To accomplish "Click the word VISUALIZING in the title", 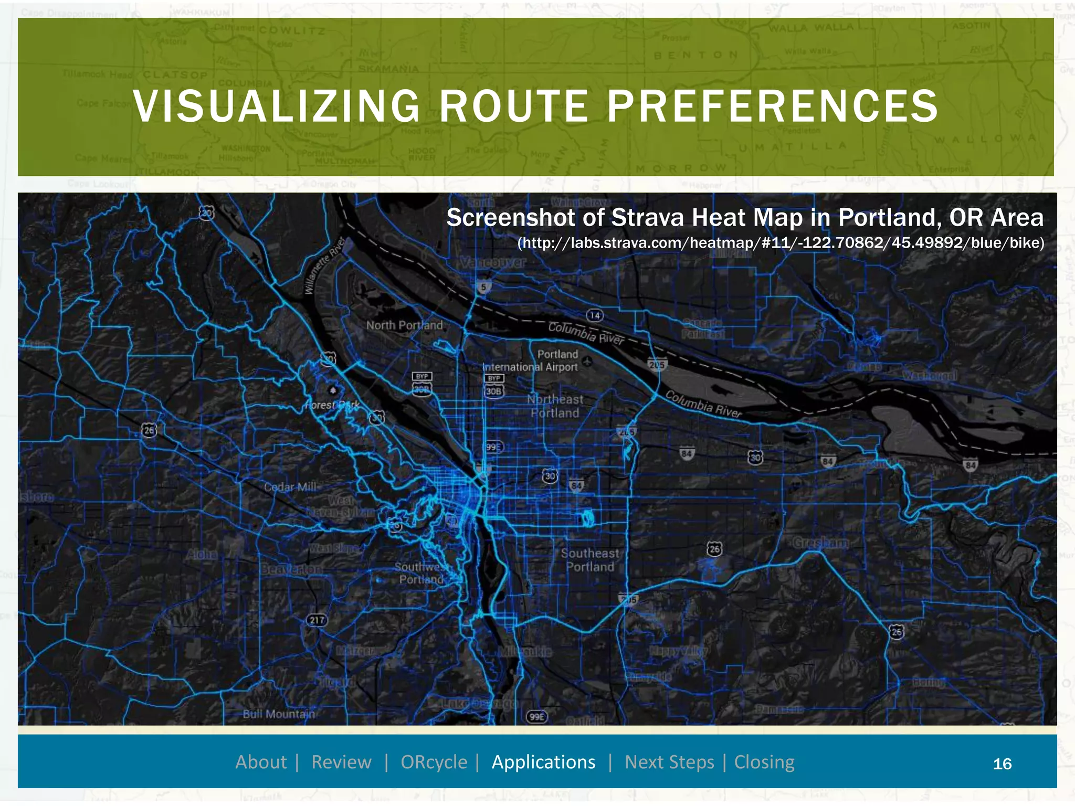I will coord(276,107).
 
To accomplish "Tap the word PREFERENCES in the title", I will coord(773,107).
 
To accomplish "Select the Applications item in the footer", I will coord(543,762).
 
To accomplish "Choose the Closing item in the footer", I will coord(764,762).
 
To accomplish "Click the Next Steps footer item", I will coord(669,762).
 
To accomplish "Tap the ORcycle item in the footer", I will coord(434,762).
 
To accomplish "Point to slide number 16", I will coord(1002,764).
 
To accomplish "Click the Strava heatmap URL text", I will coord(781,243).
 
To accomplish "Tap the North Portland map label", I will coord(404,325).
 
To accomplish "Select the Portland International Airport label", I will coord(531,361).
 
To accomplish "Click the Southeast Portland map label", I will coord(590,560).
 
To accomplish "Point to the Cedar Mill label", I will coord(290,487).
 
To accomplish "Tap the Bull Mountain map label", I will coord(279,714).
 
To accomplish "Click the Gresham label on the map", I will coord(820,543).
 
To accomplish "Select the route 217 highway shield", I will coord(317,620).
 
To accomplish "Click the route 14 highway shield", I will coord(594,315).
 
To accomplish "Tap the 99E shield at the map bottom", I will coord(536,717).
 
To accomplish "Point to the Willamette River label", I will coord(325,266).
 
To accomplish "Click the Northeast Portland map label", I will coord(555,407).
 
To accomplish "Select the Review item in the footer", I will coord(341,762).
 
